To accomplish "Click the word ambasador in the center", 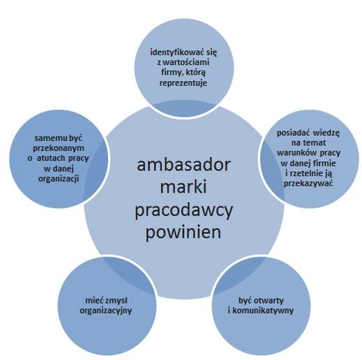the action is click(183, 165).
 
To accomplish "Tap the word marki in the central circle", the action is click(183, 186).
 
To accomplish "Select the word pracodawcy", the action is click(183, 211).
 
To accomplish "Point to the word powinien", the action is click(183, 232).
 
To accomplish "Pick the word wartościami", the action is click(186, 62).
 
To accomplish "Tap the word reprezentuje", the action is click(183, 83).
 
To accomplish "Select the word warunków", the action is click(296, 153).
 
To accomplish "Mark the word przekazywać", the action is click(308, 183).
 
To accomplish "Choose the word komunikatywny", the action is click(263, 310).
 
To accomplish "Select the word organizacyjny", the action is click(106, 310).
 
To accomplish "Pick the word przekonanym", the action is click(59, 149).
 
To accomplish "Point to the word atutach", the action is click(51, 158).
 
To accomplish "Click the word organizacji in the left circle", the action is click(59, 179).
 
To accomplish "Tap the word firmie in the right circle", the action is click(324, 163).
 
